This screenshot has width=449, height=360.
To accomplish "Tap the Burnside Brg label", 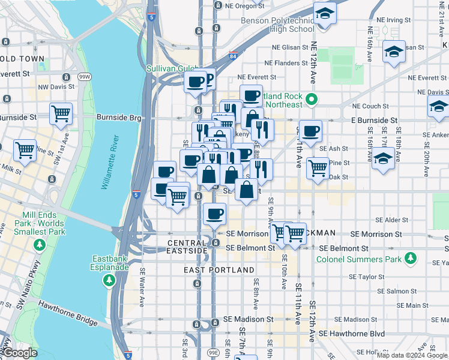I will point(119,118).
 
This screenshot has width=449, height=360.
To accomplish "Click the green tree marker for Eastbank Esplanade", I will point(109,280).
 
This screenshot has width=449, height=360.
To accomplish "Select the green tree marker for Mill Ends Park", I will point(40,245).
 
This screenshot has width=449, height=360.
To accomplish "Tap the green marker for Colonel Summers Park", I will point(411,259).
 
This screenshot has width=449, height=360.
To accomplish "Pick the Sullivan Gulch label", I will point(172,68).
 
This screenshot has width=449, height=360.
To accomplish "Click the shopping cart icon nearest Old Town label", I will point(61,113).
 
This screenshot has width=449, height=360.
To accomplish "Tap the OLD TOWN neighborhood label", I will point(22,59).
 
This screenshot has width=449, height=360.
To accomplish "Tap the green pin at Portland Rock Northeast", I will point(310,99).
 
